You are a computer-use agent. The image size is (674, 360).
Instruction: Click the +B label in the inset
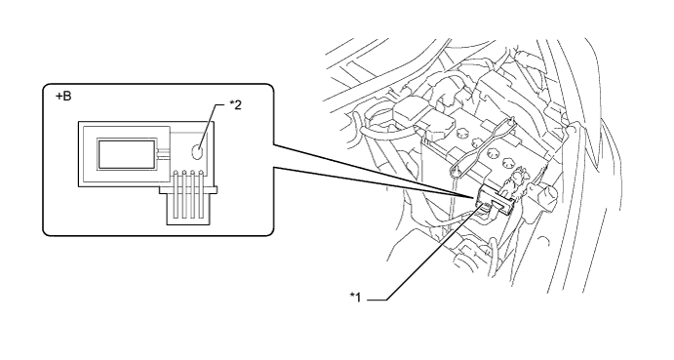(x=63, y=97)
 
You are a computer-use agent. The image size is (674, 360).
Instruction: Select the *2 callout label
(x=235, y=104)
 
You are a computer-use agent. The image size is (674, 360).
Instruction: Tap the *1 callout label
(x=355, y=298)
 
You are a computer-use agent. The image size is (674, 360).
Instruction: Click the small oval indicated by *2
(x=197, y=152)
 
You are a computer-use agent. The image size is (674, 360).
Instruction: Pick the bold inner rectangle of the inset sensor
(x=127, y=153)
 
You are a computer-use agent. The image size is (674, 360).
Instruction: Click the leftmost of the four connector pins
(x=176, y=194)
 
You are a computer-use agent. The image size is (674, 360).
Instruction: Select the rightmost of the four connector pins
(x=201, y=194)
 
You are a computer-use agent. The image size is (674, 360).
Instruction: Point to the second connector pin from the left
(x=184, y=194)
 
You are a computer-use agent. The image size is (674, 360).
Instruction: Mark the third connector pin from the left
(x=192, y=194)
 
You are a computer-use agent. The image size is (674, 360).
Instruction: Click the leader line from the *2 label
(x=211, y=126)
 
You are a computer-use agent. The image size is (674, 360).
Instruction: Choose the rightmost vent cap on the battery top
(x=508, y=163)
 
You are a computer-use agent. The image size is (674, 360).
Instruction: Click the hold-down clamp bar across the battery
(x=482, y=145)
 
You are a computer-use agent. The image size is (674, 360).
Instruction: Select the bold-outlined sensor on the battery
(x=495, y=201)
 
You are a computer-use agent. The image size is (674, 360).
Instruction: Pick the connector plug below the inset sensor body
(x=188, y=205)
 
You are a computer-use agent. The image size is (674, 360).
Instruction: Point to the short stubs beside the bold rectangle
(x=164, y=153)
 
